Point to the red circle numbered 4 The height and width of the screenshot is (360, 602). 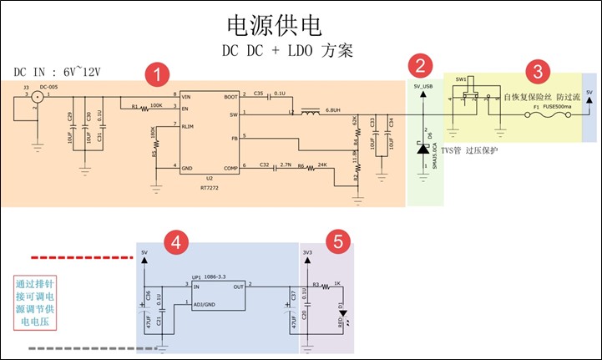tap(175, 242)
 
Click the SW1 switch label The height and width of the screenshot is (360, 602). tap(460, 78)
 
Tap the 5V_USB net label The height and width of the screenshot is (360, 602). tap(422, 85)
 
